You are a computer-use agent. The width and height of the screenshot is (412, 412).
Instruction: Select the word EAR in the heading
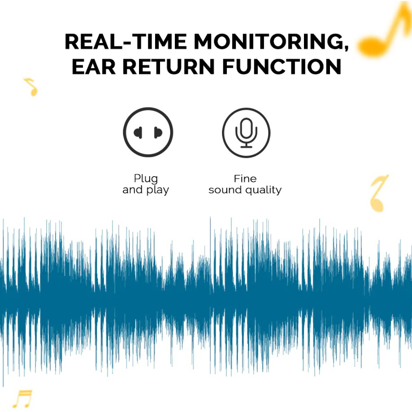point(94,66)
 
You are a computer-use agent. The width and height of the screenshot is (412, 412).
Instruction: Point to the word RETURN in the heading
point(169,66)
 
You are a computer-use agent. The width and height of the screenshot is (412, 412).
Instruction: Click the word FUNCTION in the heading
point(282,66)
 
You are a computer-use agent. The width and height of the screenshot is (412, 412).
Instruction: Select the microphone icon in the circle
point(246,133)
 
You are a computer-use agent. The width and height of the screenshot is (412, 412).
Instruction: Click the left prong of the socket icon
point(138,132)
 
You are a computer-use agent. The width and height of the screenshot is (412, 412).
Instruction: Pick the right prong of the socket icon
point(158,132)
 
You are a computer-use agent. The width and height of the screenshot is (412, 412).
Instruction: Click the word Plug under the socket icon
point(146,179)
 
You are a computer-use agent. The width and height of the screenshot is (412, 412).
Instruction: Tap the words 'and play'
point(146,190)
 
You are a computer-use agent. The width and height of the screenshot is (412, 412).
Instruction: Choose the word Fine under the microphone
point(245,179)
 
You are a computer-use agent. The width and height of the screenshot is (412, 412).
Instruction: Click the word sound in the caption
point(225,190)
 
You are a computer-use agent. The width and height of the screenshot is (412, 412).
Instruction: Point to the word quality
point(263,190)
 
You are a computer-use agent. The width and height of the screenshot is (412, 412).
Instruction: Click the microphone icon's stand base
point(246,147)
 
